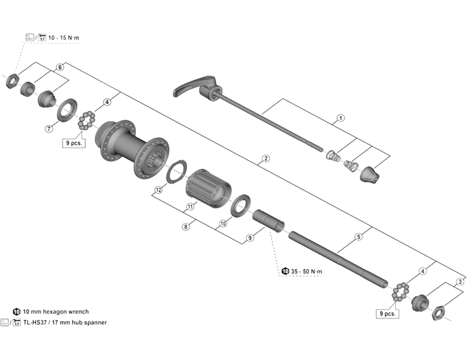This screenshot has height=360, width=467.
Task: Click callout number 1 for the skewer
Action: (340, 118)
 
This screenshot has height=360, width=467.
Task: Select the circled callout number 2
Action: (266, 158)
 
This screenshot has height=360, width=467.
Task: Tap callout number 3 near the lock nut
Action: (461, 282)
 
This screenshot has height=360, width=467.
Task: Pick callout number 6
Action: (60, 68)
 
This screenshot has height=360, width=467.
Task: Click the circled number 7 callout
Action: (49, 128)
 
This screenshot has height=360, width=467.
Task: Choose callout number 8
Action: (185, 227)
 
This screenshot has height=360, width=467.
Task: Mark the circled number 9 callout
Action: (250, 237)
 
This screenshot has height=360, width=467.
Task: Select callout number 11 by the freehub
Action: (190, 207)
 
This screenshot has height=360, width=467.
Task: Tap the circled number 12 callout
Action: (158, 190)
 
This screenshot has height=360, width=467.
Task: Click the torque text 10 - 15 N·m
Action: (65, 37)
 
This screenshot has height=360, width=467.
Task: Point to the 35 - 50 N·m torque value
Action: (306, 271)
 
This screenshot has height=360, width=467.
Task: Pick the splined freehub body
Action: (208, 187)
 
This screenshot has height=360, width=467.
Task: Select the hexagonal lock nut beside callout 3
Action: (438, 314)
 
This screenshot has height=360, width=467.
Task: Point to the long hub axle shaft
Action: (339, 260)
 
